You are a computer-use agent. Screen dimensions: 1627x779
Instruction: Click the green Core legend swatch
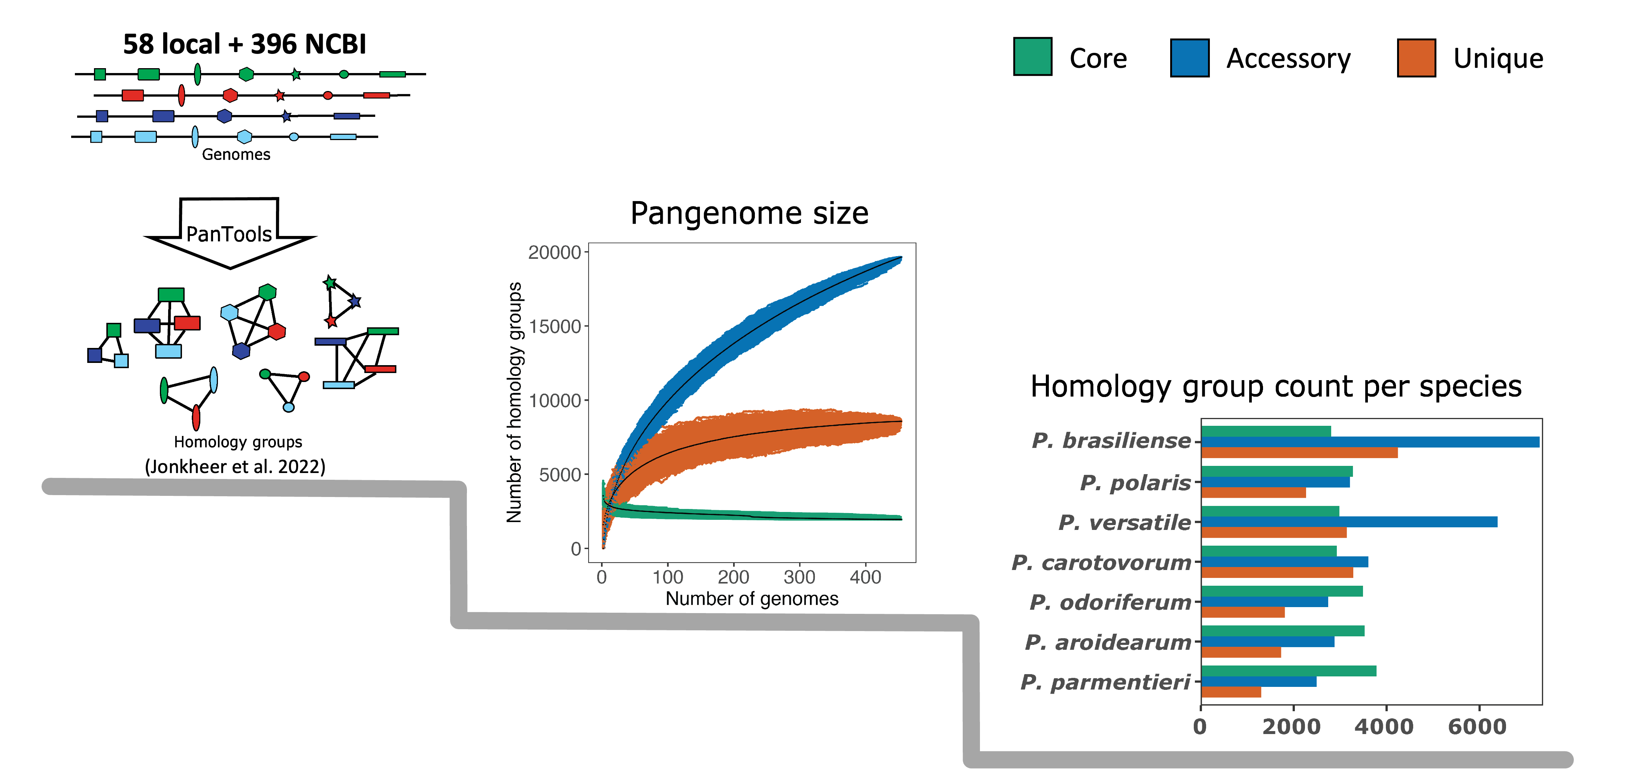click(1032, 57)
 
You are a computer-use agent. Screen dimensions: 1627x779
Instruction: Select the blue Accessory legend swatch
click(1189, 58)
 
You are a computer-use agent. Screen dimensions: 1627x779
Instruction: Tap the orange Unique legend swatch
click(1416, 58)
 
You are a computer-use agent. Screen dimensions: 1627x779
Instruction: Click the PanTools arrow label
click(229, 234)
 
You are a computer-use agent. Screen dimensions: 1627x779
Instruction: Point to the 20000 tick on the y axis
click(554, 252)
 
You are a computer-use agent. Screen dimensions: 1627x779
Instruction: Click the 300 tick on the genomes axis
click(799, 577)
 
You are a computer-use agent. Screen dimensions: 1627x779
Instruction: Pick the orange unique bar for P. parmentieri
click(1231, 692)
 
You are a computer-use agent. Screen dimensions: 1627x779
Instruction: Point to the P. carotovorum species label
click(1101, 562)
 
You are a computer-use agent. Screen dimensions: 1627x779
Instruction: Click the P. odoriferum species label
click(1110, 602)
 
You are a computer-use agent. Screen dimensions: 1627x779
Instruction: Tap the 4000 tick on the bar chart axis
click(1384, 727)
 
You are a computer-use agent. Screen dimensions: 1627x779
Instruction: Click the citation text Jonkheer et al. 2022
click(235, 466)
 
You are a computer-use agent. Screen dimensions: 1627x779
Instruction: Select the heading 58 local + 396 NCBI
click(245, 44)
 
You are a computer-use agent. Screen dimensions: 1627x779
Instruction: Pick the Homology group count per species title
click(1276, 386)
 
